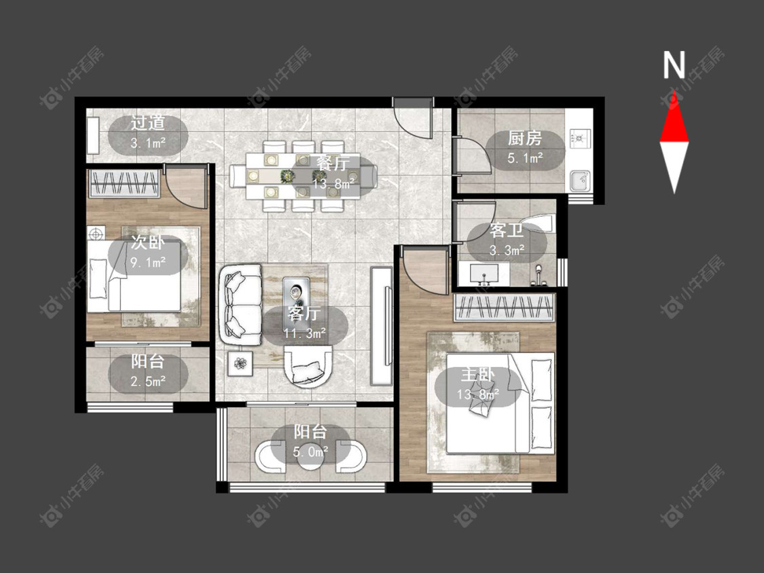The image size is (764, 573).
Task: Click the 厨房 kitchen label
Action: [525, 138]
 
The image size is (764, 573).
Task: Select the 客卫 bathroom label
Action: [507, 230]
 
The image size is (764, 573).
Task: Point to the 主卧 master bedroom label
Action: [478, 375]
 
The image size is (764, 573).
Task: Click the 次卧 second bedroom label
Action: [147, 242]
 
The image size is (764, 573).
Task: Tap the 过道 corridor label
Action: [147, 123]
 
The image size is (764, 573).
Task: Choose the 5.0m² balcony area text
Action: [310, 451]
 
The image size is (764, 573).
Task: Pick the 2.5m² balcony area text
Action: [148, 381]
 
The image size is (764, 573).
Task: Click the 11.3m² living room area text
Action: [304, 333]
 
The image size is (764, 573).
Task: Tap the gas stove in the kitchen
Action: [580, 138]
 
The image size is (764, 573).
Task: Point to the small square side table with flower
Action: [240, 363]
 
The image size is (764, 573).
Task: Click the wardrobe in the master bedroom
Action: [505, 308]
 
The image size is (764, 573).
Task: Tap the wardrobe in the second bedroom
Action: [124, 184]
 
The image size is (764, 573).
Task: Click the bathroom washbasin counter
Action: [484, 274]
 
